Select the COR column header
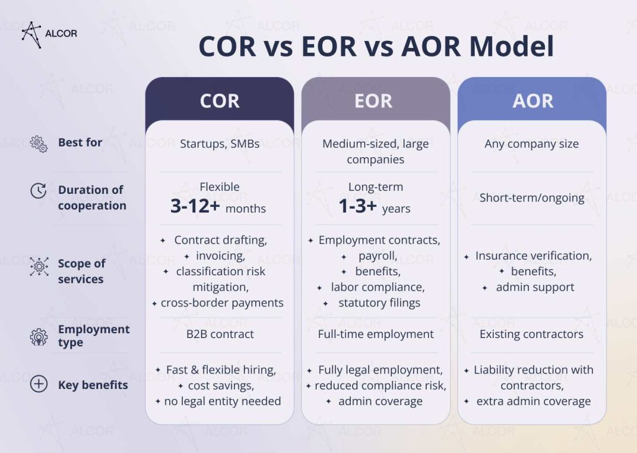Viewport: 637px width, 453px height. (x=220, y=101)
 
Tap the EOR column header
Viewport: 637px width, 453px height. (x=373, y=101)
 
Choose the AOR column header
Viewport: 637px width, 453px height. (x=532, y=101)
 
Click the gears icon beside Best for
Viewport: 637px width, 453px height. (x=39, y=144)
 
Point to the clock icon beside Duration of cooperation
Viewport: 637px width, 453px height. (x=39, y=191)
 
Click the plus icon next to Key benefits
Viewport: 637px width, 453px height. (x=39, y=385)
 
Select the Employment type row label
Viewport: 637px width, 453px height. (x=93, y=336)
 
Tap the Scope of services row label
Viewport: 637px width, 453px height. (x=81, y=271)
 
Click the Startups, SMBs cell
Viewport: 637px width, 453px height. (x=220, y=144)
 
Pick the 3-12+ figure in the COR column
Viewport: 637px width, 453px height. (x=195, y=207)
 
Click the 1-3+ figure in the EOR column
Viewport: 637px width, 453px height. (x=357, y=207)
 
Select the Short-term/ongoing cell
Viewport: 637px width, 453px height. (x=532, y=198)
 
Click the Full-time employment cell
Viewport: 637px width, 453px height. (x=376, y=334)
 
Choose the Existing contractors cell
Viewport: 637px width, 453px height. (x=531, y=334)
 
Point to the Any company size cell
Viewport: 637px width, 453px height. (x=531, y=144)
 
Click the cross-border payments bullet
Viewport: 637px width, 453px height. (x=222, y=303)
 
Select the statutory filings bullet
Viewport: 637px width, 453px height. (x=379, y=303)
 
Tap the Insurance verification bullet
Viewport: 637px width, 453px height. (x=533, y=255)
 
